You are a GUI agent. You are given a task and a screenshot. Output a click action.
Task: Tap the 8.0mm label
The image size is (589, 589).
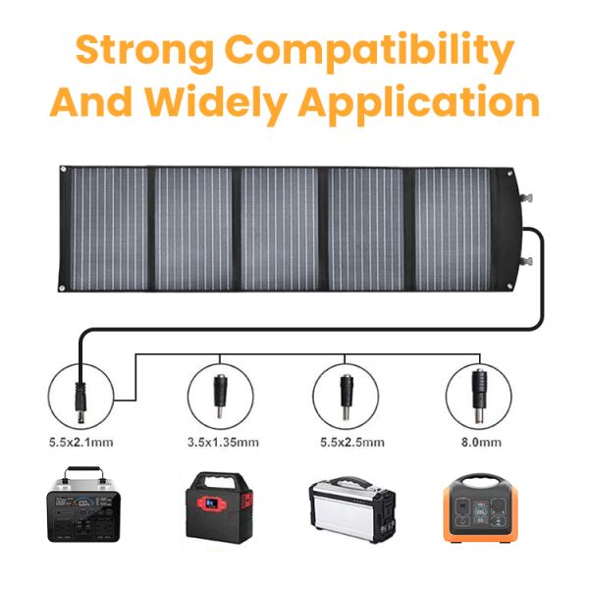tap(478, 442)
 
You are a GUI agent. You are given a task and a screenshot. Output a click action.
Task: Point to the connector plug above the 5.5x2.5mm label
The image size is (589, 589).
tap(347, 390)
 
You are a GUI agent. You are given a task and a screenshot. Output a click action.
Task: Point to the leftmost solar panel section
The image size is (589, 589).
tap(105, 229)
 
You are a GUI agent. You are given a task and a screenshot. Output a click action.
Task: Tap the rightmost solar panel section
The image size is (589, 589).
tap(455, 229)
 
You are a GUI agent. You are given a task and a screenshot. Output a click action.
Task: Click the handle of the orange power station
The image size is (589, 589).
tap(478, 478)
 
